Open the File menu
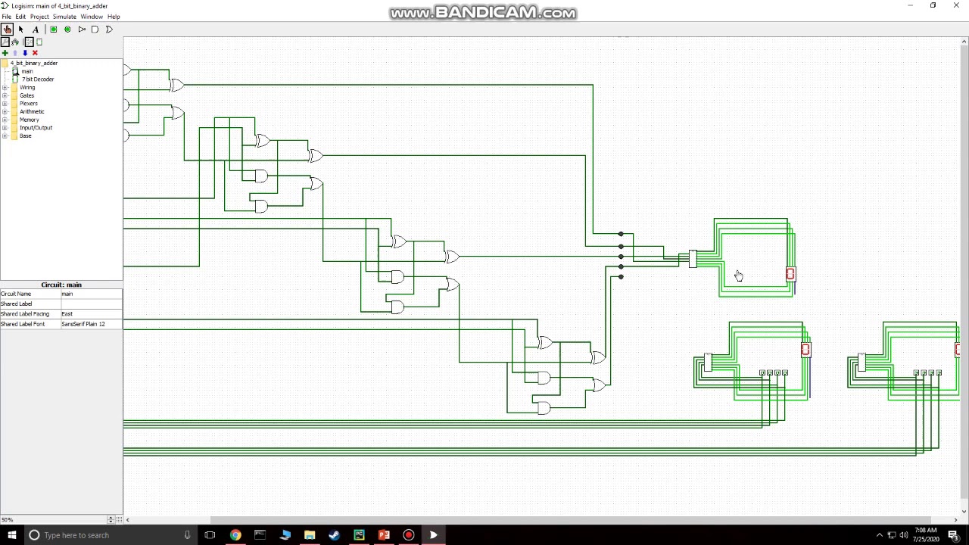point(6,17)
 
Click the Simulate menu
point(64,17)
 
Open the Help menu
point(114,17)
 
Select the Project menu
point(39,17)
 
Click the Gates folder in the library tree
point(26,95)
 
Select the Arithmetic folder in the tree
point(32,111)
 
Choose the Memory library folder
point(29,120)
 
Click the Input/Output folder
point(36,128)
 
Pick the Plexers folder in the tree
point(28,104)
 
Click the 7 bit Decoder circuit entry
point(38,79)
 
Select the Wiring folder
point(27,88)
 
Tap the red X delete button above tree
point(35,53)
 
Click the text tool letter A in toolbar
point(35,30)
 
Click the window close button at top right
point(955,5)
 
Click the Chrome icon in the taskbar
point(235,535)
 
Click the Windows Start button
point(11,535)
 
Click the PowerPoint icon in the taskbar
point(384,535)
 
